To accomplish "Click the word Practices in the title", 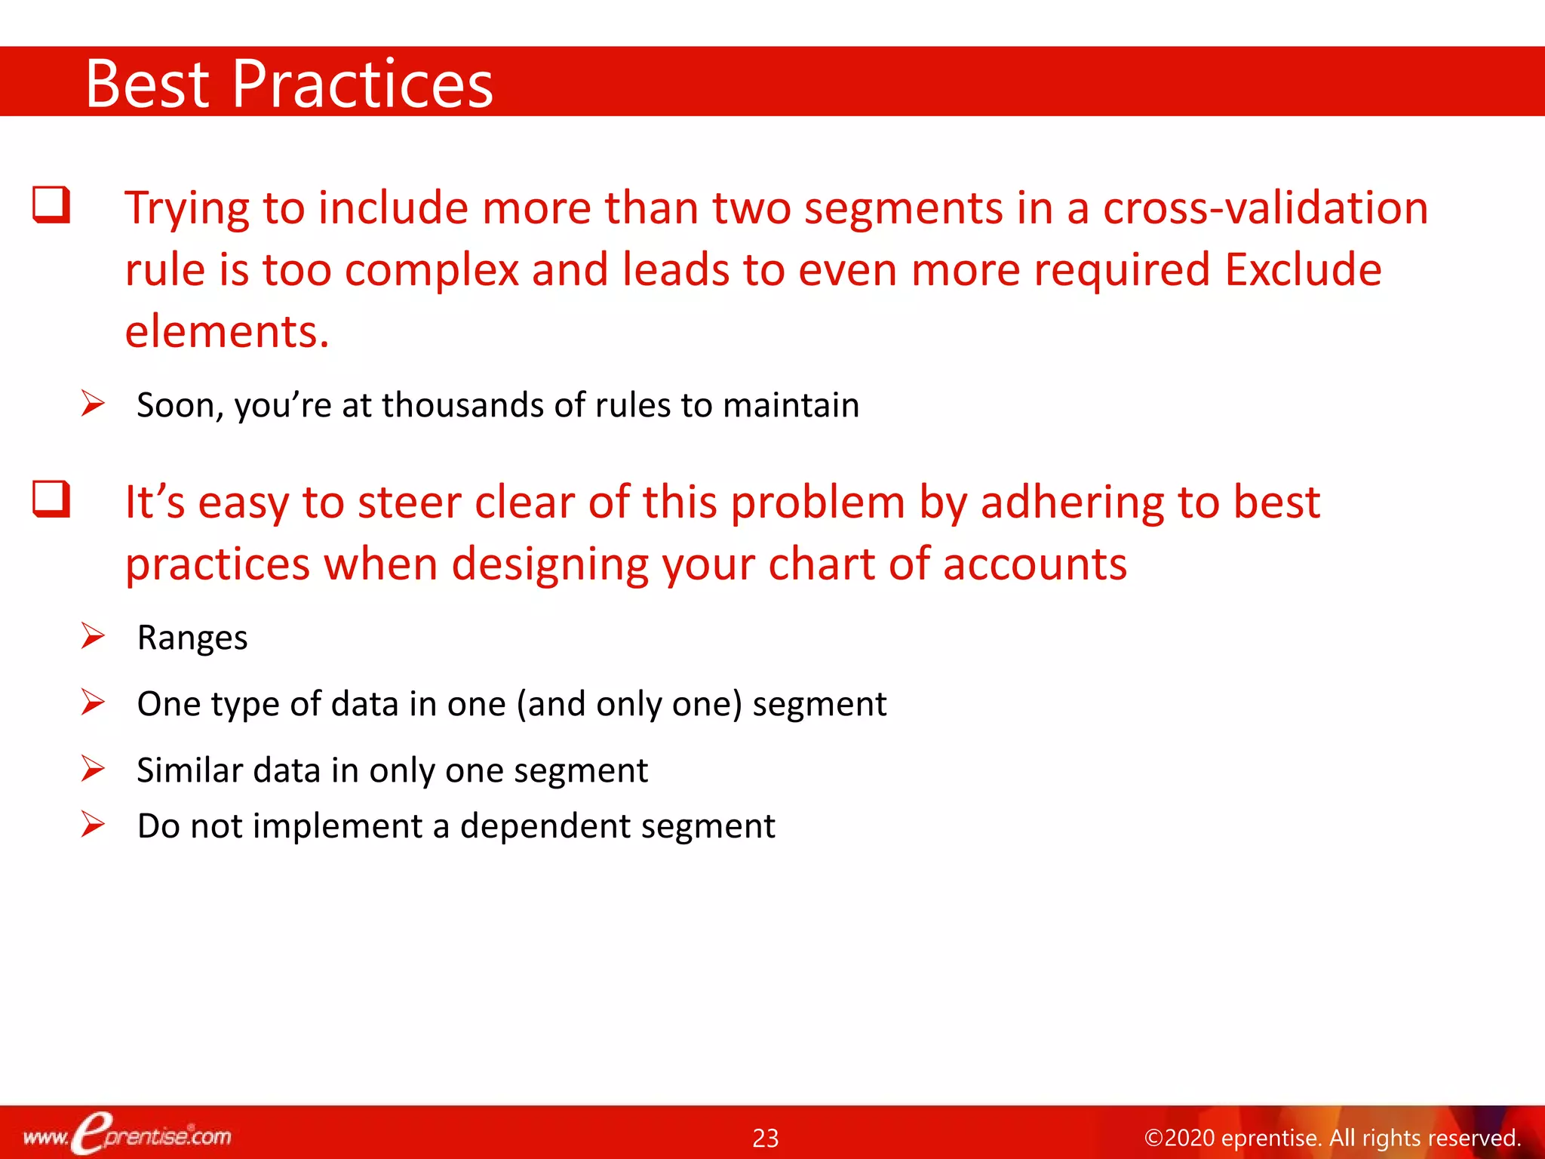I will click(362, 85).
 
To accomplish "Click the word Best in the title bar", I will click(147, 85).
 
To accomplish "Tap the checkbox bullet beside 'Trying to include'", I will click(51, 205).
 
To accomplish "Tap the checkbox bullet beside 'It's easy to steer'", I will click(51, 500).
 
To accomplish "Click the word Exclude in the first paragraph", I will click(1303, 269).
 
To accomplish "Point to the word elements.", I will click(226, 331).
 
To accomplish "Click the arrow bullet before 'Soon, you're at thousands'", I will click(93, 404).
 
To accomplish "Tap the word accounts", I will click(1034, 564).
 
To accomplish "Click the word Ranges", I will click(192, 638).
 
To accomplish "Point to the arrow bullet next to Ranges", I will click(93, 636).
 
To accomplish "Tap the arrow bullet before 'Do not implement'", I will click(93, 825).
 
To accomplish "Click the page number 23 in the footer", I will click(765, 1138).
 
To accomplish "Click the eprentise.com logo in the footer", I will click(128, 1134).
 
